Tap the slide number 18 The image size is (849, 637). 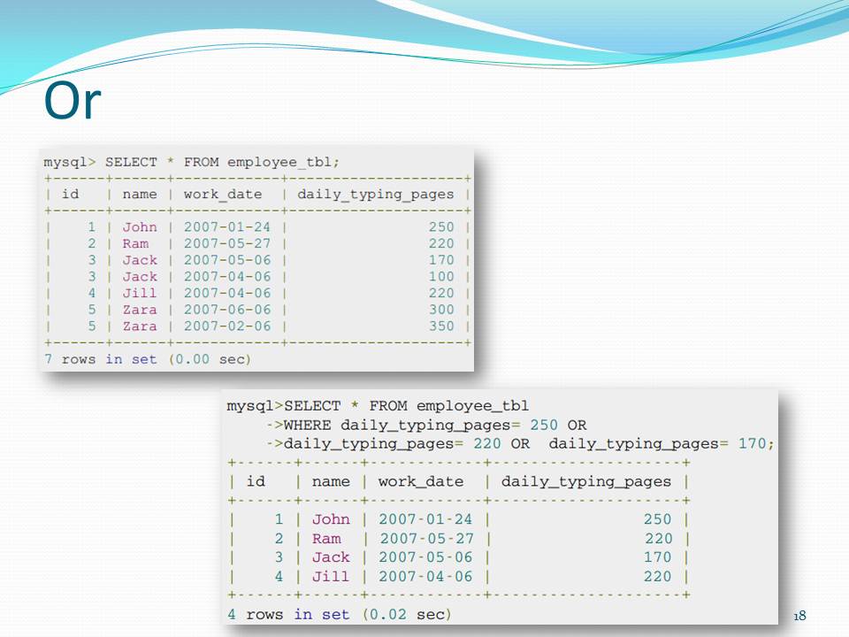[x=801, y=616]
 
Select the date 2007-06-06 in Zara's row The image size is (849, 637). [x=227, y=310]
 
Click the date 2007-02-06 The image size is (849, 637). [x=227, y=326]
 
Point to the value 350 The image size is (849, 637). [x=440, y=326]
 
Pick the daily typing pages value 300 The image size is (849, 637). [x=440, y=310]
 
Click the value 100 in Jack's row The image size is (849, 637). [x=440, y=277]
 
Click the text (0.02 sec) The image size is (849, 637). [x=407, y=614]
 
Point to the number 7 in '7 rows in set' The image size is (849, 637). [x=48, y=359]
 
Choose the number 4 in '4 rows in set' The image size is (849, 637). [x=232, y=614]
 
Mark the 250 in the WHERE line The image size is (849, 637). [x=545, y=425]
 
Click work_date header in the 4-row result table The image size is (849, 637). [x=420, y=482]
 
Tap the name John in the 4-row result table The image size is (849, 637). [x=331, y=519]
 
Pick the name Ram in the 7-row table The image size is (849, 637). [x=135, y=244]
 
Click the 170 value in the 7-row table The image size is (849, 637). [x=440, y=260]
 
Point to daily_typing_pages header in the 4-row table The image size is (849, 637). [x=586, y=482]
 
